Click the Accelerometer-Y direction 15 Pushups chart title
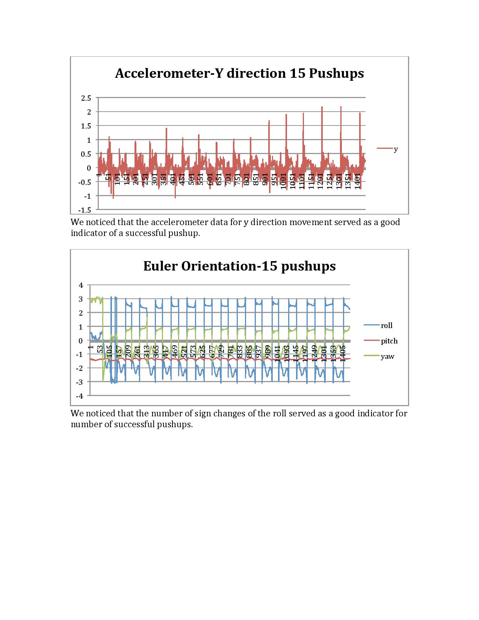click(239, 73)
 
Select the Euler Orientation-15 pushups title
click(239, 266)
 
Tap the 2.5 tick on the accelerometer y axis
click(86, 98)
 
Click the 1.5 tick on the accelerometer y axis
click(86, 126)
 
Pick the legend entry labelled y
click(396, 149)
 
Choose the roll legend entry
click(387, 325)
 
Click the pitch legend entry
click(389, 341)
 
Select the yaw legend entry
click(387, 356)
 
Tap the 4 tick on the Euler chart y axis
click(80, 285)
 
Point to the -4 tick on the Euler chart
click(79, 396)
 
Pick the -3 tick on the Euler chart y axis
click(79, 382)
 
